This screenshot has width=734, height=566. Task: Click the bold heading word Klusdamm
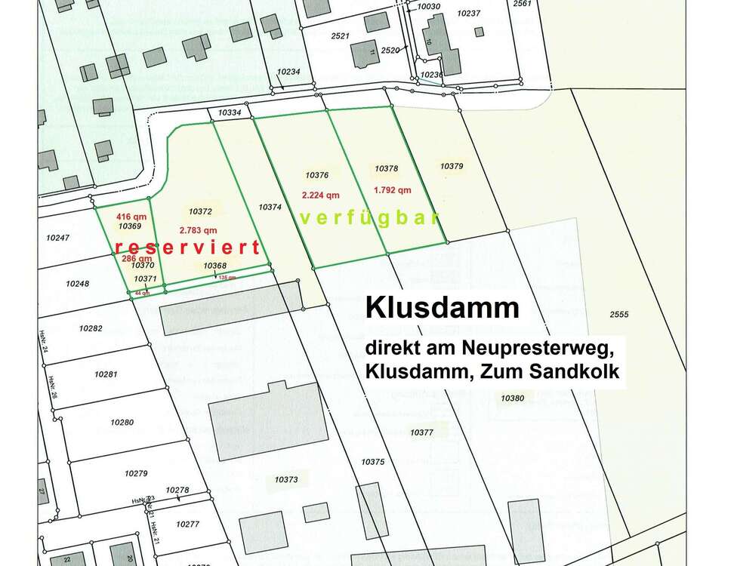coord(443,308)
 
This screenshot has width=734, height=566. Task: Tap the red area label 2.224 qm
coord(320,194)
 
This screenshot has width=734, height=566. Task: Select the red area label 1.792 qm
coord(393,190)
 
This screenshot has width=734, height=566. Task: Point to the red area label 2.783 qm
coord(199,230)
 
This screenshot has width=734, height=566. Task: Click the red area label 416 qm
coord(131,216)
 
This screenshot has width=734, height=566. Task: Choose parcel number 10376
coord(316,174)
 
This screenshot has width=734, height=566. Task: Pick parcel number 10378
coord(386,169)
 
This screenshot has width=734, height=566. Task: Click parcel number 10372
coord(200,212)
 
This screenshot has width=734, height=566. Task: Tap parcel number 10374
coord(270,206)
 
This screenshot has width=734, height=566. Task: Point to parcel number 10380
coord(512,398)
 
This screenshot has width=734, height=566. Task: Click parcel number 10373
coord(286,479)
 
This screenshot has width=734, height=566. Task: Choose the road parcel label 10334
coord(230,113)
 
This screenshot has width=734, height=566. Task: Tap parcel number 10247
coord(57,238)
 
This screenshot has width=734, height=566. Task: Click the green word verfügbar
coord(370,219)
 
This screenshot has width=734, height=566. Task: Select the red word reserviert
coord(187,248)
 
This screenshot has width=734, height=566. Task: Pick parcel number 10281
coord(106,374)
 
